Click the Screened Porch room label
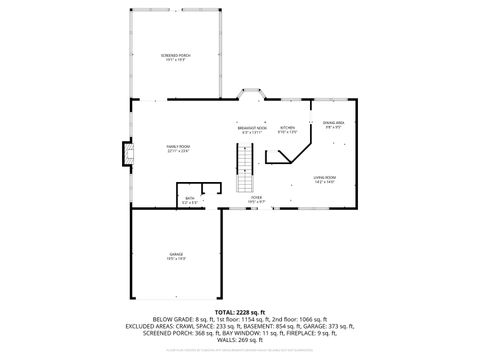(x=176, y=54)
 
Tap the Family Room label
(x=178, y=146)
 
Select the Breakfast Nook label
(x=252, y=128)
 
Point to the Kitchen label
(x=287, y=128)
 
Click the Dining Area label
(x=334, y=122)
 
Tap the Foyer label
(x=256, y=198)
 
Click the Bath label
(x=190, y=199)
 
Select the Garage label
(x=176, y=255)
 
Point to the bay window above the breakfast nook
(x=250, y=97)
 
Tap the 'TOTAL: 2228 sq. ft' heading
(x=239, y=311)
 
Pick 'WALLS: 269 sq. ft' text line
(x=240, y=340)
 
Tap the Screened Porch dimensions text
(x=176, y=59)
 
